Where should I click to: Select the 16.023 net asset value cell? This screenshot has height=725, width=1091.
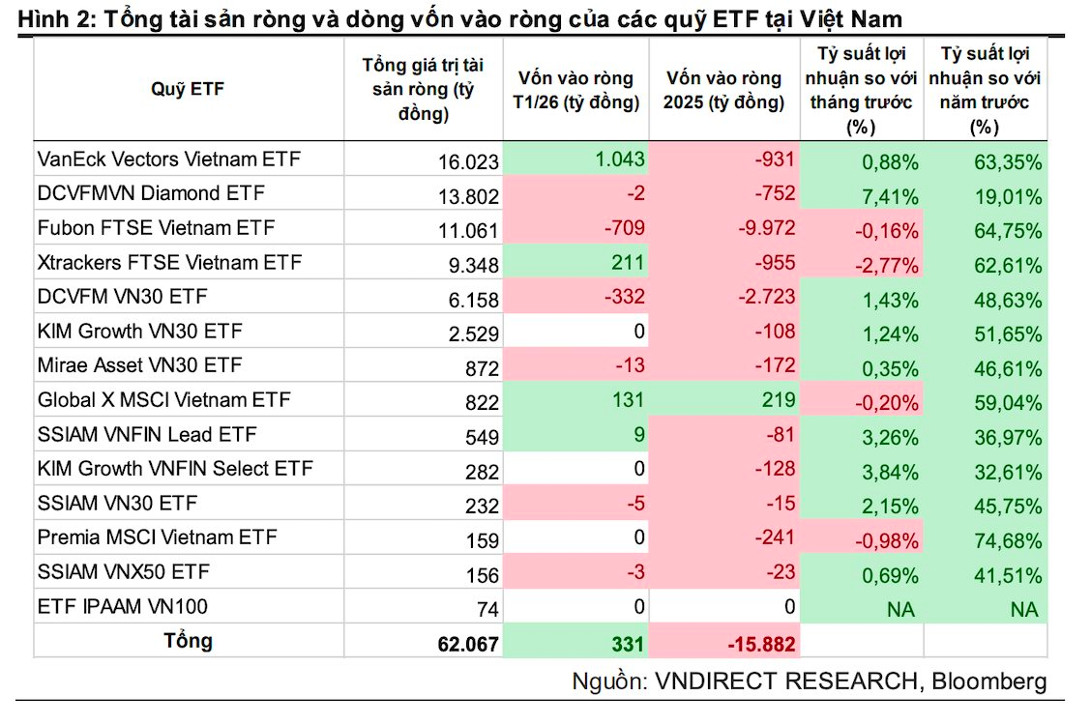click(467, 161)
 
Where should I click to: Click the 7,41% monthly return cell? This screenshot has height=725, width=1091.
click(890, 196)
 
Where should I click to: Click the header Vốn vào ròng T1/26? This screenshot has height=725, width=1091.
click(575, 90)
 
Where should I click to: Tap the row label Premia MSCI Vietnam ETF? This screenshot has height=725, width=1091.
click(157, 537)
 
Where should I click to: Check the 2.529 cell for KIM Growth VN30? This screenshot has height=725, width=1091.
click(473, 334)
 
